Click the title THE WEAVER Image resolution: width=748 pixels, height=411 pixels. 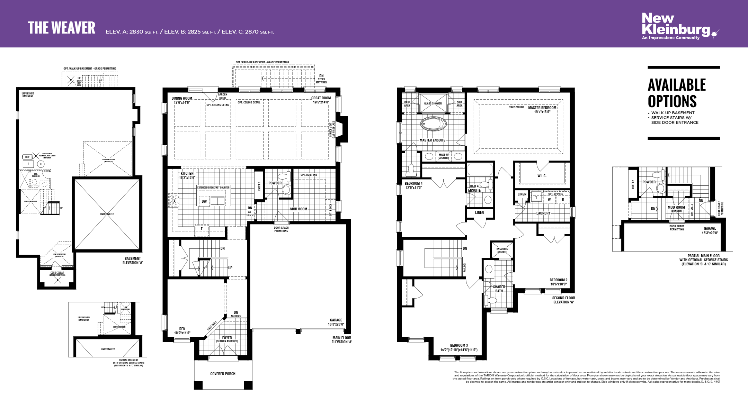pos(62,28)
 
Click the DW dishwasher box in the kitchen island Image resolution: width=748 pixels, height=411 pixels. pos(204,201)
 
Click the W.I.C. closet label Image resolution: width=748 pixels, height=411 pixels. pos(542,176)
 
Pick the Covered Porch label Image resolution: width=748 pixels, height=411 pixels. pos(223,374)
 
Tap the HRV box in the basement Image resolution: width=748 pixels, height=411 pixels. pos(27,157)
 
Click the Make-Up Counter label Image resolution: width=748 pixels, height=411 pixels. pos(444,156)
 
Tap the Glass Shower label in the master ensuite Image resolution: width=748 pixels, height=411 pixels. pos(433,103)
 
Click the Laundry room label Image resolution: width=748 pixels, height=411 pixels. pos(543,213)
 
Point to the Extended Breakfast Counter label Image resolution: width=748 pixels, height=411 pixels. pos(213,188)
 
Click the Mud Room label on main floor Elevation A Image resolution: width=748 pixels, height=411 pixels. pos(299,209)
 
